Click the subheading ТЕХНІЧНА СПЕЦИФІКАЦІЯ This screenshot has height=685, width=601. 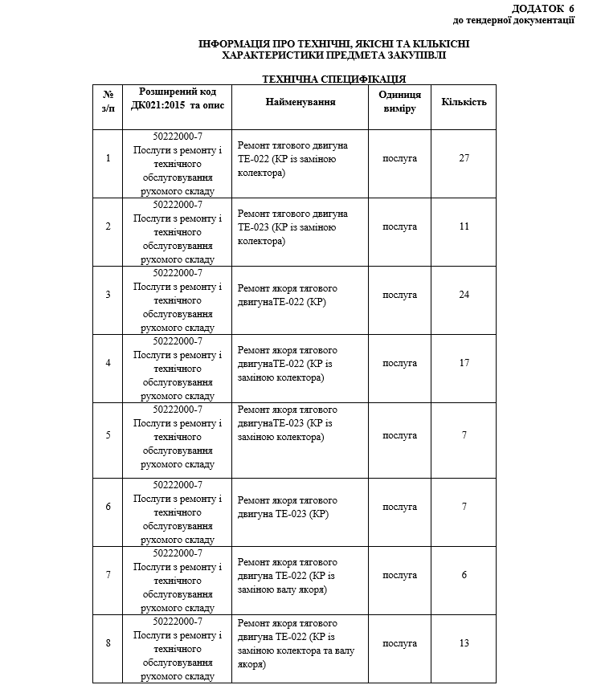[334, 79]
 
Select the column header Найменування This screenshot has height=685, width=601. [300, 102]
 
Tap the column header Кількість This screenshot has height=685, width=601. [464, 102]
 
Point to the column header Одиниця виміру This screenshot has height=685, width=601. [399, 102]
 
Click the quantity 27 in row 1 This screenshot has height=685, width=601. [464, 158]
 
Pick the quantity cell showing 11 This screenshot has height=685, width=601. [464, 226]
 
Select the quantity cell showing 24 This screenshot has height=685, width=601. [464, 295]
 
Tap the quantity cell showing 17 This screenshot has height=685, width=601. [464, 363]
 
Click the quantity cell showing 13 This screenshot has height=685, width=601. [464, 643]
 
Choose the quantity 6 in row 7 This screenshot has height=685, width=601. [464, 575]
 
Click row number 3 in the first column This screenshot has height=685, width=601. [108, 295]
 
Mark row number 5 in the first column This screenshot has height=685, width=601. [108, 435]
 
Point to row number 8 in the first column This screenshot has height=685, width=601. [108, 643]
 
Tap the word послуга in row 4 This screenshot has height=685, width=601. [399, 363]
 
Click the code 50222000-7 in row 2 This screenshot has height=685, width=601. [178, 204]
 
